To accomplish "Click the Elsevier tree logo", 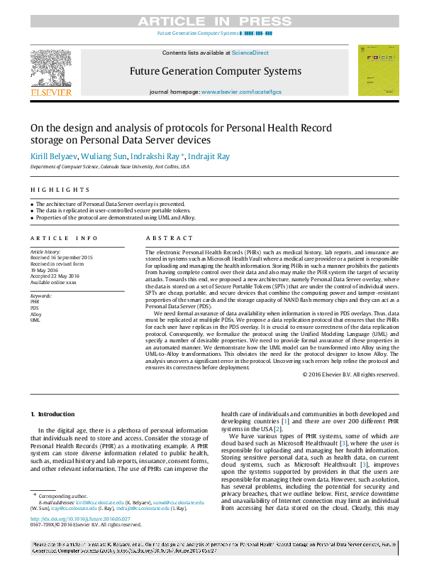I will [50, 67].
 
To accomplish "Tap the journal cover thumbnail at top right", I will [378, 70].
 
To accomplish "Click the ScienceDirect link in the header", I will [250, 53].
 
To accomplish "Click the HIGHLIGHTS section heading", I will [60, 190].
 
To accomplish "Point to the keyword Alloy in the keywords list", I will [35, 314].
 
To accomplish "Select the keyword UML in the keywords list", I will [35, 320].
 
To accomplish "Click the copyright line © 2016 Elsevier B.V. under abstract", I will [350, 374].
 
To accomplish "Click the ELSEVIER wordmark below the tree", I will [50, 93].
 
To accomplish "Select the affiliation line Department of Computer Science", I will [109, 166].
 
